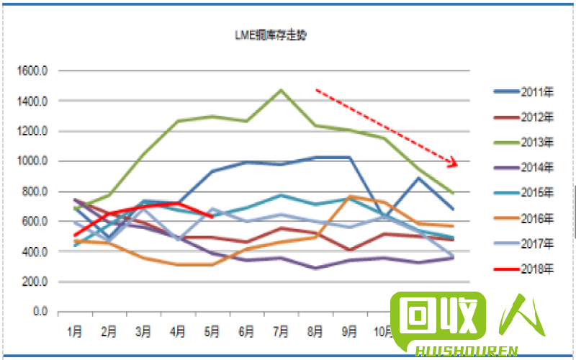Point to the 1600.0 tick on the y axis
tap(33, 71)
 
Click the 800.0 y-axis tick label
tap(36, 192)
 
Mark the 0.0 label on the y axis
tap(40, 312)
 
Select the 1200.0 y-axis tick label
tap(33, 132)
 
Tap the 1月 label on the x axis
tap(75, 332)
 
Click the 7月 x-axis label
tap(281, 332)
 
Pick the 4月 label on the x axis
tap(178, 332)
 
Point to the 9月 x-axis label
tap(349, 332)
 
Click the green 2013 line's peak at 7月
tap(281, 90)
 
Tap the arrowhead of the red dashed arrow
tap(454, 163)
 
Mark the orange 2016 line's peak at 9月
tap(349, 196)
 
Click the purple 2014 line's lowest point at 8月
tap(315, 268)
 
